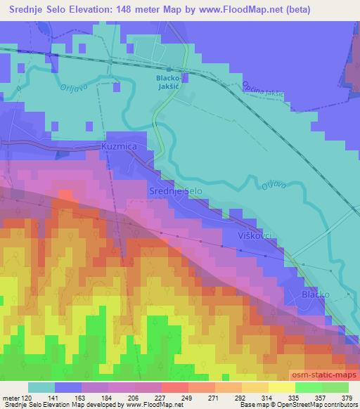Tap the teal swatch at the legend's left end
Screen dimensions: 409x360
41,387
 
